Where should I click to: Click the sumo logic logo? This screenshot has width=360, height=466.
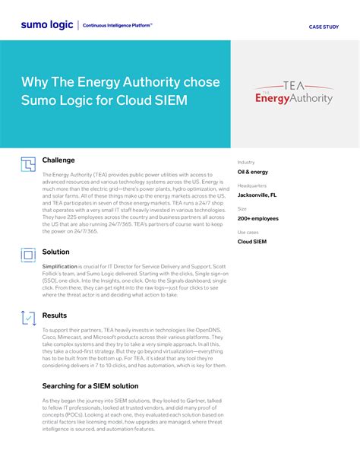point(48,25)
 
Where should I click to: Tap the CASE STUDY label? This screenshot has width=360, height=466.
point(324,26)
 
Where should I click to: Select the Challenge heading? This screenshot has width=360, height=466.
point(58,160)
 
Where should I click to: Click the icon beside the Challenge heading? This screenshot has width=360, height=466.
point(28,164)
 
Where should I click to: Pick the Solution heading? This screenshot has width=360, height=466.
point(55,252)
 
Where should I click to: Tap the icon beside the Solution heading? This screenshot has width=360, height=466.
point(28,255)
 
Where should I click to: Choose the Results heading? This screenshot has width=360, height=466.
point(54,315)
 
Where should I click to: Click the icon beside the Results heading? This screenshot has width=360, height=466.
point(28,319)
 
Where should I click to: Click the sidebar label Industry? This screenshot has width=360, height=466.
point(246,162)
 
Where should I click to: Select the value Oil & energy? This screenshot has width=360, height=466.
point(253,172)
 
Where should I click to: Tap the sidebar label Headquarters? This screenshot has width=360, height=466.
point(252,185)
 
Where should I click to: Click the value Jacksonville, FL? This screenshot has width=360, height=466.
point(257,195)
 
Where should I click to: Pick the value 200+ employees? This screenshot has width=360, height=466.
point(257,218)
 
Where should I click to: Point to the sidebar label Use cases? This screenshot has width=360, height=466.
point(248,232)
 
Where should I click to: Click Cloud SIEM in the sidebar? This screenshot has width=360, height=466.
point(252,242)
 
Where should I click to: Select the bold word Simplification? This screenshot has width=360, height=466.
point(59,267)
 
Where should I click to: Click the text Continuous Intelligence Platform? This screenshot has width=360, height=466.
point(117,25)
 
